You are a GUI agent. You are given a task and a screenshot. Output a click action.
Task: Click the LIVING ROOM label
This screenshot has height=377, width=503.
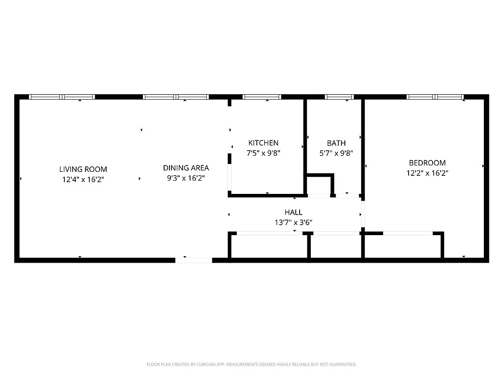(83, 169)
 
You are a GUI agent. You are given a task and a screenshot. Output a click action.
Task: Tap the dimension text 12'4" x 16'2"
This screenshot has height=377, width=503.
(83, 180)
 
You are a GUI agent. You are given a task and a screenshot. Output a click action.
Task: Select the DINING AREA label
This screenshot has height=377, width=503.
(186, 168)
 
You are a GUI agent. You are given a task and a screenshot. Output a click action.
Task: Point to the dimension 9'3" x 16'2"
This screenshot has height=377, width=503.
(186, 178)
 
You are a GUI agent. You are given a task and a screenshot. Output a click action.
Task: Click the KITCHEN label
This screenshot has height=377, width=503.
(263, 143)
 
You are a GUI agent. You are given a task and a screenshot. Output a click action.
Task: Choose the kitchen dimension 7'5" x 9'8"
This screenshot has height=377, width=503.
(263, 153)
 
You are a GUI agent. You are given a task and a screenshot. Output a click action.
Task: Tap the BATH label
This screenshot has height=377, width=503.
(336, 143)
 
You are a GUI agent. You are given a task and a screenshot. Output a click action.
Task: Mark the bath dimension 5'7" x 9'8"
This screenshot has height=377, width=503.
(336, 153)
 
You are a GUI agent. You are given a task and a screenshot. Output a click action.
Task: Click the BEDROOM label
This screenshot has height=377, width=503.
(427, 163)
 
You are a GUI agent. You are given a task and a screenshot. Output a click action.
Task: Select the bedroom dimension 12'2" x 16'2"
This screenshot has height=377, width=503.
(427, 173)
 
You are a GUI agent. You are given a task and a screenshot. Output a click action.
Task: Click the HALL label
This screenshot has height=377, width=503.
(293, 212)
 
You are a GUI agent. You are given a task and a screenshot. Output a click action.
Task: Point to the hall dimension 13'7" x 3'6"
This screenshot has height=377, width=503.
(293, 222)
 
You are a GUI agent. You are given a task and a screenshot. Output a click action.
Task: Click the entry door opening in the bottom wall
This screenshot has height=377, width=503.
(194, 260)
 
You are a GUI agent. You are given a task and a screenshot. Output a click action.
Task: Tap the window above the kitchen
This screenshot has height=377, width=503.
(262, 97)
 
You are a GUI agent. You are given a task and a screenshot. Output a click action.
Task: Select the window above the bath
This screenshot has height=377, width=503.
(339, 97)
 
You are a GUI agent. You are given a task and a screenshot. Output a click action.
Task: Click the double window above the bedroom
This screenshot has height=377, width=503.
(435, 97)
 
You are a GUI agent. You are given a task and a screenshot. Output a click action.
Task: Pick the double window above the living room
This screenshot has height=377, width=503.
(62, 97)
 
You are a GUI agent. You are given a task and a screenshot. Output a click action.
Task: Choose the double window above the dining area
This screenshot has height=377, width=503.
(176, 97)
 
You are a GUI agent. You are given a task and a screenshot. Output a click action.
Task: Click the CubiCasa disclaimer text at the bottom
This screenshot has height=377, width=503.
(251, 364)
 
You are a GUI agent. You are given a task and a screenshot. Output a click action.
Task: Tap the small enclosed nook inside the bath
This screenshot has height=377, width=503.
(319, 185)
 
